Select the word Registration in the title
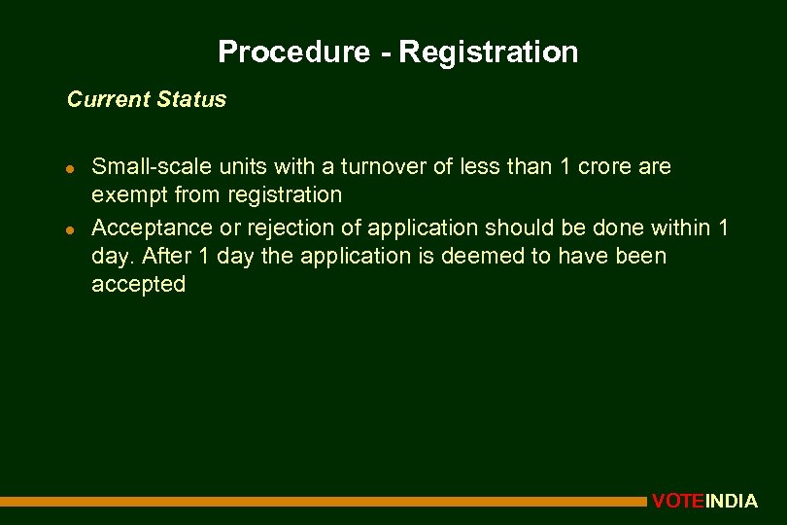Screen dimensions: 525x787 click(x=488, y=52)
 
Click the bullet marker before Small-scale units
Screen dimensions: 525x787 click(x=71, y=167)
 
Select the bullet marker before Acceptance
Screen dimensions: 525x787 click(x=71, y=228)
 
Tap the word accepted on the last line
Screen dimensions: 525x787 click(x=138, y=284)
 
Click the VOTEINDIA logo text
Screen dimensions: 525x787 click(x=704, y=502)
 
